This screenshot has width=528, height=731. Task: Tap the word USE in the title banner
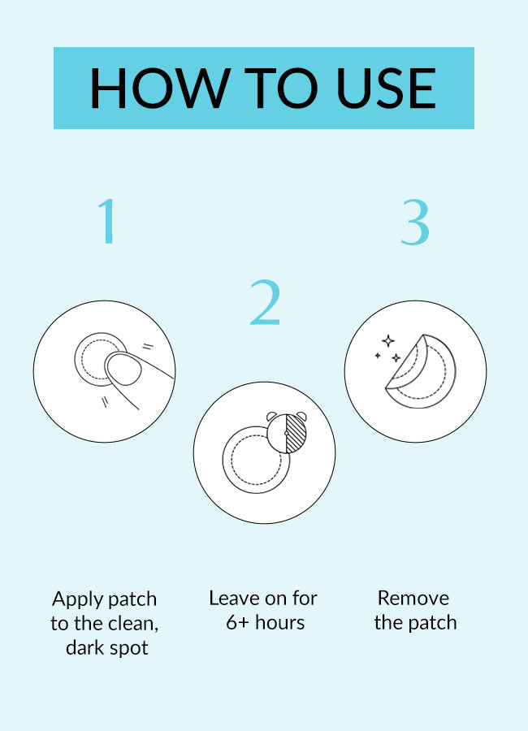[387, 88]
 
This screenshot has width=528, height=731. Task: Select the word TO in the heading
[281, 88]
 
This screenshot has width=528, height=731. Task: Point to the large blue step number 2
[265, 302]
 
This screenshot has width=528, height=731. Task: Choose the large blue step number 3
[415, 222]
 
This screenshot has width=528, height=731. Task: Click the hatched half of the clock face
[296, 434]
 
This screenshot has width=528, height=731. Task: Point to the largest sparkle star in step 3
[388, 341]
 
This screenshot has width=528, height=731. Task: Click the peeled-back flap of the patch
[407, 362]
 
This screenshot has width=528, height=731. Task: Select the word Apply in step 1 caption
[76, 599]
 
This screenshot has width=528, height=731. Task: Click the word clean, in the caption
[132, 623]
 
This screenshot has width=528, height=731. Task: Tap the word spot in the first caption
[128, 648]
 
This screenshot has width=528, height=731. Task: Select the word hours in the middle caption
[280, 623]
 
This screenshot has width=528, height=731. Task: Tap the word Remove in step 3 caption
[413, 598]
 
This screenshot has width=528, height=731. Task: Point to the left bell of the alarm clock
[271, 416]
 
